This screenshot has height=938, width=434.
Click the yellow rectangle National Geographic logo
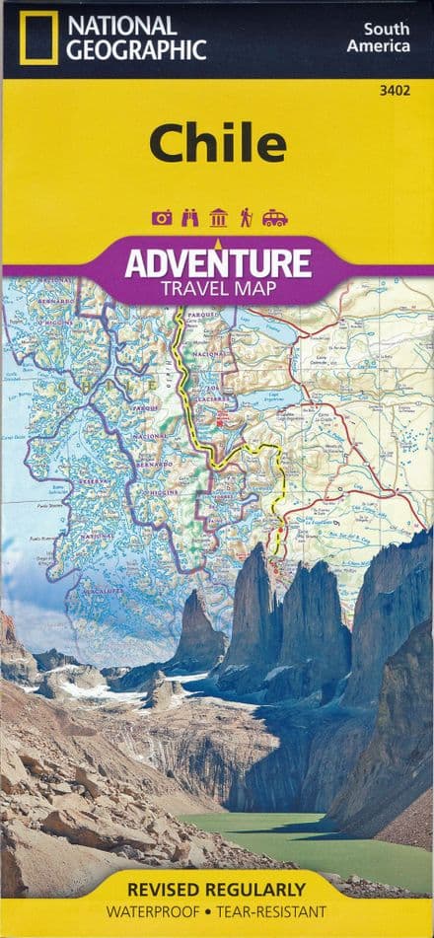[38, 39]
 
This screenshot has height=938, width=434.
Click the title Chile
[217, 143]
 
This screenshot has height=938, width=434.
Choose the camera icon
[162, 217]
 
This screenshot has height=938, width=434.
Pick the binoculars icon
[190, 217]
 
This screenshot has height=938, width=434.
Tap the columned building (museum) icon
[218, 217]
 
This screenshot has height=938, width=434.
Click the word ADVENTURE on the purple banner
[217, 262]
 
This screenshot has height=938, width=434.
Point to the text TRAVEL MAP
[217, 289]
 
